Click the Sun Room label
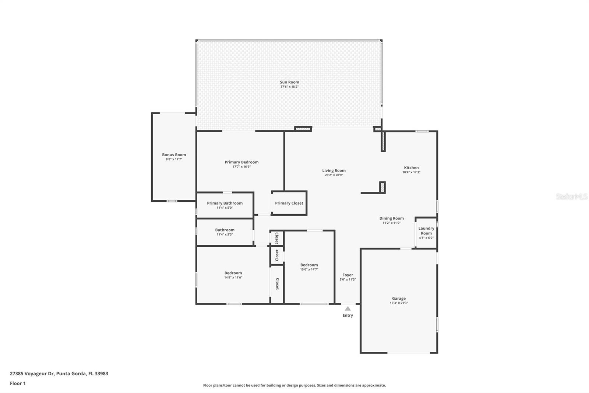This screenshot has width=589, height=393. (289, 82)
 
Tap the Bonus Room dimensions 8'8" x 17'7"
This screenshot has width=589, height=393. (174, 159)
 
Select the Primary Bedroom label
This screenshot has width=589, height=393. (241, 162)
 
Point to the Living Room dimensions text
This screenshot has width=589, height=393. (334, 175)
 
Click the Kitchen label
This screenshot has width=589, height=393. (411, 168)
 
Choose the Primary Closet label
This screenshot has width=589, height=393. (289, 203)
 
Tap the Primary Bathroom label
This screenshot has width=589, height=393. (225, 203)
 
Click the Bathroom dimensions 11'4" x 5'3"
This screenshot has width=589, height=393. (225, 234)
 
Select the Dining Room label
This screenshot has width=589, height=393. (392, 218)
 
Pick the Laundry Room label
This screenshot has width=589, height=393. (426, 231)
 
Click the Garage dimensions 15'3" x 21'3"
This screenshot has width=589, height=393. (399, 303)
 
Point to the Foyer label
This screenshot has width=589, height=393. (348, 275)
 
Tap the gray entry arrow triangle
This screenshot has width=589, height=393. (348, 309)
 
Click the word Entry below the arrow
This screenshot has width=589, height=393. (348, 315)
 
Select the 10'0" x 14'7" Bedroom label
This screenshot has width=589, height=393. (309, 265)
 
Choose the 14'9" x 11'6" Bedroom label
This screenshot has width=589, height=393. (233, 273)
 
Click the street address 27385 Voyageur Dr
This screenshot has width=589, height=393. (32, 373)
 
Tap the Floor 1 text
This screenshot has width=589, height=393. (18, 383)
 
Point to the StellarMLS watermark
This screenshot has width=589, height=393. (572, 196)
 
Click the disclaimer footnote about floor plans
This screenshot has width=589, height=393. (294, 385)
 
